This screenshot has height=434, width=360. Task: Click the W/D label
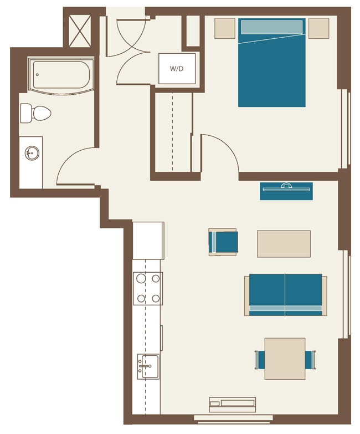177,69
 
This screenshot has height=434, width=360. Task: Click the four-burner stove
148,288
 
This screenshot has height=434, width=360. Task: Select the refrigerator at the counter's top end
148,240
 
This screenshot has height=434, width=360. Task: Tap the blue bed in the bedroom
272,63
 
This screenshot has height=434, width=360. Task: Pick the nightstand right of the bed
319,28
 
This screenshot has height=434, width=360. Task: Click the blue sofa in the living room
285,294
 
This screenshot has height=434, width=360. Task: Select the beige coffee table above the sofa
284,244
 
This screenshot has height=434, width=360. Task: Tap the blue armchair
223,242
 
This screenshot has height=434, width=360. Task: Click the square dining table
285,359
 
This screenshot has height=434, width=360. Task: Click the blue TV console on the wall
286,191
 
